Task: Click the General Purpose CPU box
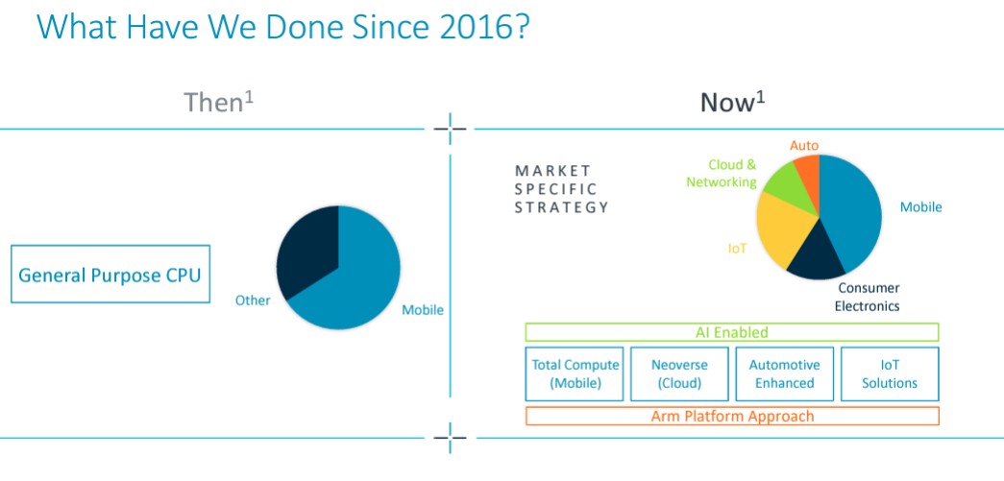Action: point(110,274)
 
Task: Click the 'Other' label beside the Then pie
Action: point(253,300)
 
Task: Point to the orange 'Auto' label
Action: point(803,146)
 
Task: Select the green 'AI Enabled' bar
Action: point(732,332)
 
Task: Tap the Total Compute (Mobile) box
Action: point(575,374)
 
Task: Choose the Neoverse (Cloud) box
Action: point(679,374)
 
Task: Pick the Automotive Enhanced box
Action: point(784,374)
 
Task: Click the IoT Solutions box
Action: point(890,374)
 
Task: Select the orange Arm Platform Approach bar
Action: point(732,417)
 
